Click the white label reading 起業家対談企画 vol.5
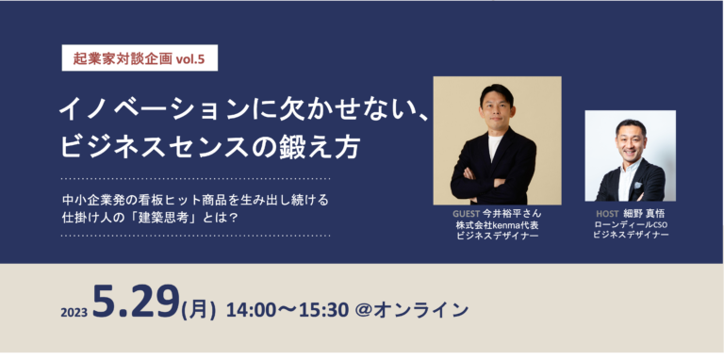point(140,58)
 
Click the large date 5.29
point(136,301)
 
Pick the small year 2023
point(74,313)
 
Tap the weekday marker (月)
point(200,310)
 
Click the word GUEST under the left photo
point(467,214)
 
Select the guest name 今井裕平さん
point(511,214)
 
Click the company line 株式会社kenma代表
point(497,225)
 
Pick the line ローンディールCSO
point(631,225)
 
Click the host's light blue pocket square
point(638,185)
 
